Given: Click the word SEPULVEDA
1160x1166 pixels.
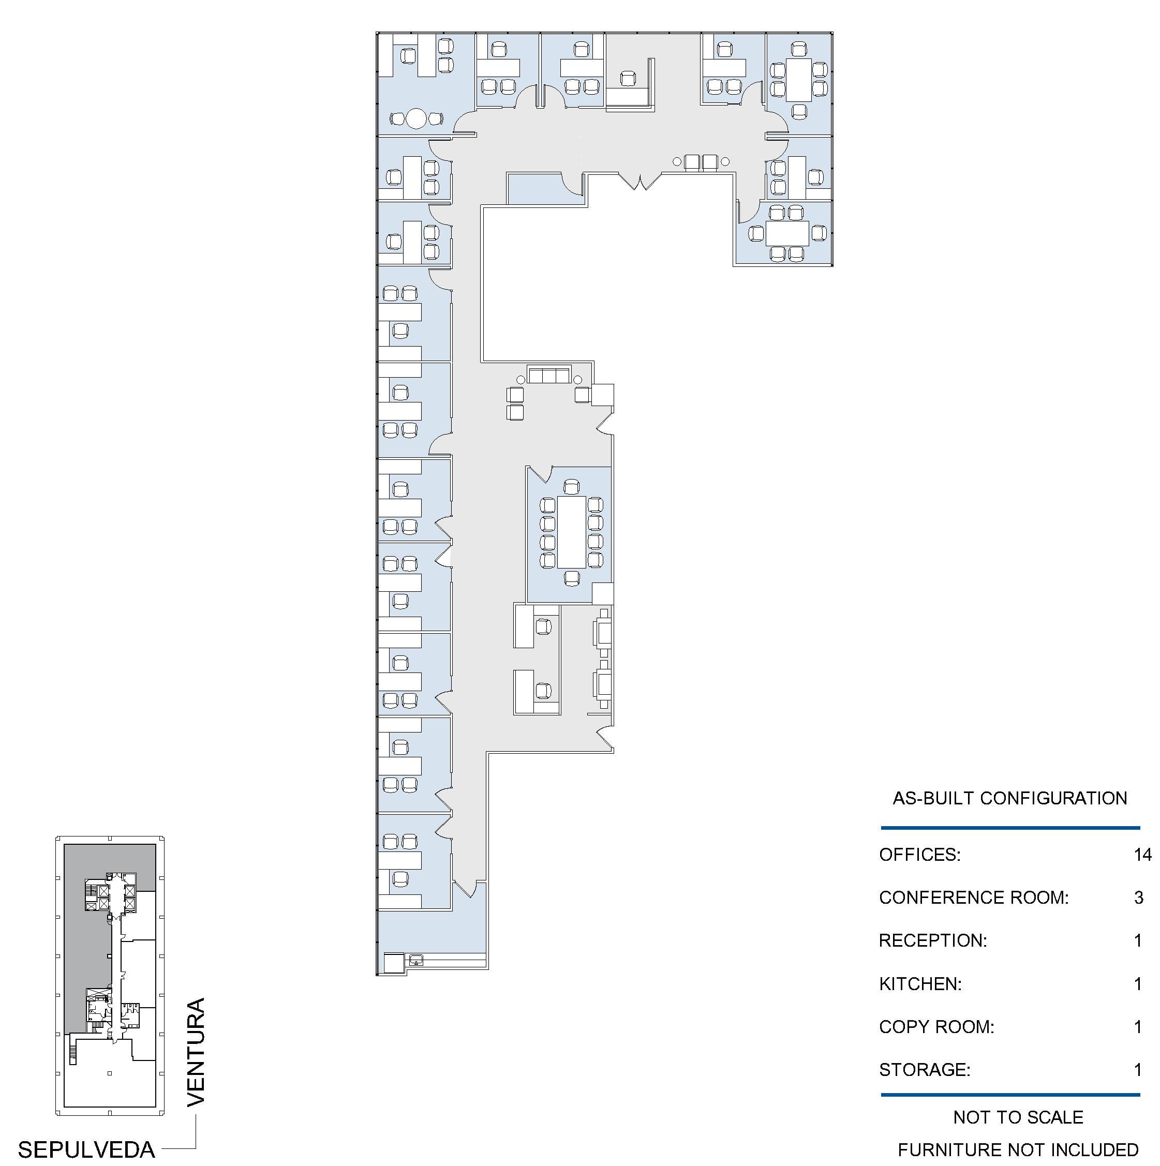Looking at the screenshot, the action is pyautogui.click(x=86, y=1149).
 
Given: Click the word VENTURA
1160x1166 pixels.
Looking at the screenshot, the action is pyautogui.click(x=196, y=1053).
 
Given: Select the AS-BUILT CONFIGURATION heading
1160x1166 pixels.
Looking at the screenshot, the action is pyautogui.click(x=1010, y=799).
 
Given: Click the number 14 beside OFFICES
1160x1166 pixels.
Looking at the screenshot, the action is pyautogui.click(x=1142, y=855).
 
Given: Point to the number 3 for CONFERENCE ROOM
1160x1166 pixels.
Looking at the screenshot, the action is pyautogui.click(x=1139, y=898).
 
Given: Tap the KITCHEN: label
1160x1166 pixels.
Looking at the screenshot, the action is pyautogui.click(x=920, y=984).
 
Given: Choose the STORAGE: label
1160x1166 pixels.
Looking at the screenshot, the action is pyautogui.click(x=925, y=1069).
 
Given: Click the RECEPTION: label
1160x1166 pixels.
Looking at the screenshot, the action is pyautogui.click(x=933, y=940).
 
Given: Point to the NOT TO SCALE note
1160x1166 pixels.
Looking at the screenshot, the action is pyautogui.click(x=1018, y=1117).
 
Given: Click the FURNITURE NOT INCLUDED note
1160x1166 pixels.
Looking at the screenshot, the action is pyautogui.click(x=1018, y=1149).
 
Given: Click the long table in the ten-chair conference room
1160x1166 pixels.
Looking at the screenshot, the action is pyautogui.click(x=572, y=532).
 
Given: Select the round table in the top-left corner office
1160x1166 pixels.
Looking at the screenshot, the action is pyautogui.click(x=416, y=118).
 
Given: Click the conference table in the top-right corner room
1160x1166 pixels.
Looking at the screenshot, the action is pyautogui.click(x=798, y=79).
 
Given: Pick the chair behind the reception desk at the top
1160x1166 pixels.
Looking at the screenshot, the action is pyautogui.click(x=628, y=79).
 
